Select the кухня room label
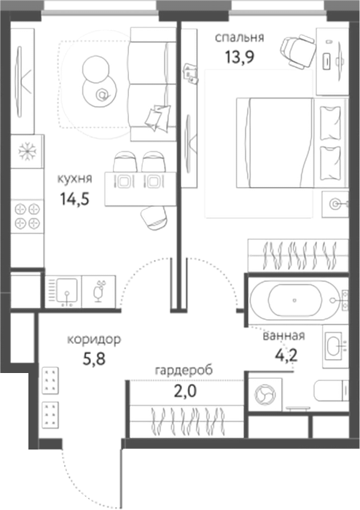[x=75, y=176]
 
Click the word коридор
[x=93, y=339]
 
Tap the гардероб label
[x=184, y=370]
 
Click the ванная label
[x=283, y=336]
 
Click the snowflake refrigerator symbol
[x=28, y=152]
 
